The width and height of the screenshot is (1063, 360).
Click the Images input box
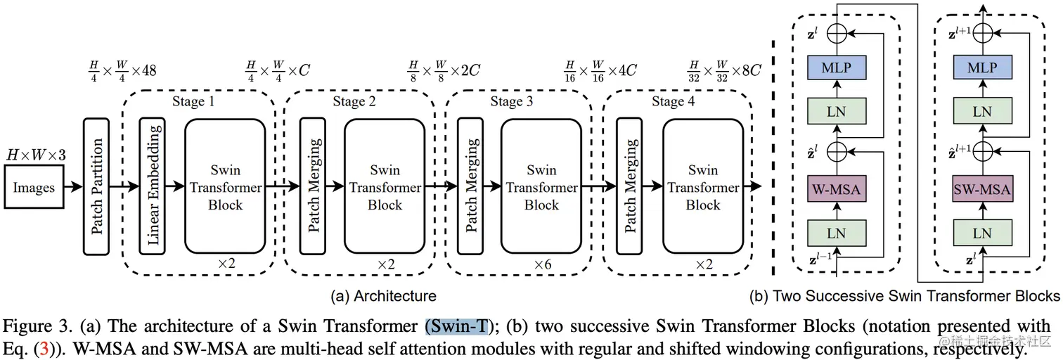(34, 188)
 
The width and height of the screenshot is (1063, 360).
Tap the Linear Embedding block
(153, 186)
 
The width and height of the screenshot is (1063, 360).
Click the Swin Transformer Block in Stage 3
(541, 187)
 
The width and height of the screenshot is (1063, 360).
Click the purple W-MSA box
(836, 189)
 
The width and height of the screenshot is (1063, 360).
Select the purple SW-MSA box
(981, 189)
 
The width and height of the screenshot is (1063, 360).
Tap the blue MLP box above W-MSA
(836, 67)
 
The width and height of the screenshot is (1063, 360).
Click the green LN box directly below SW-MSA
(981, 233)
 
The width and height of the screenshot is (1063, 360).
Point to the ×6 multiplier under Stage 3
(541, 264)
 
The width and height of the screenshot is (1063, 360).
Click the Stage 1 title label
(193, 102)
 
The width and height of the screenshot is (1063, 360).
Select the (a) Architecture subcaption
(383, 296)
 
